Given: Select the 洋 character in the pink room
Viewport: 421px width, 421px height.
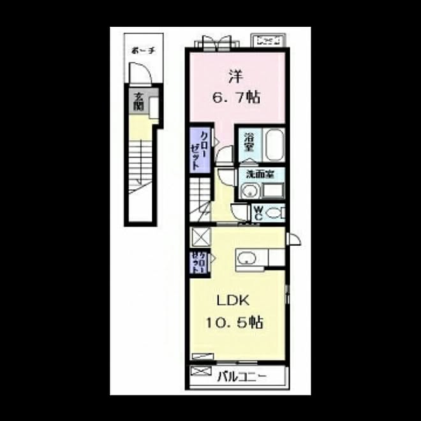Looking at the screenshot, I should [234, 77].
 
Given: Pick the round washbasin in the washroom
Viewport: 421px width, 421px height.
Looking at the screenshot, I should [249, 189].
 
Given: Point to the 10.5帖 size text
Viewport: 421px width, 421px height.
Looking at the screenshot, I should [235, 322].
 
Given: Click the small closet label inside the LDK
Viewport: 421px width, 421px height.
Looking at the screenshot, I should [197, 262].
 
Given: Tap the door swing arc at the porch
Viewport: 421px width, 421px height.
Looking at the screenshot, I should [143, 77].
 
